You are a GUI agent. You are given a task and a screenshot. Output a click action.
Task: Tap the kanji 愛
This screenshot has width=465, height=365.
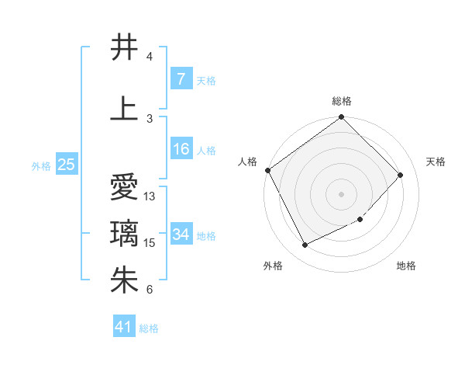click(x=125, y=187)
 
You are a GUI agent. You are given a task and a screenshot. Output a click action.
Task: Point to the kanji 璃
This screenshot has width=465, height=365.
click(x=125, y=234)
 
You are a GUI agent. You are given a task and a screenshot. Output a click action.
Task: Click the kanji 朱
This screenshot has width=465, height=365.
click(x=125, y=280)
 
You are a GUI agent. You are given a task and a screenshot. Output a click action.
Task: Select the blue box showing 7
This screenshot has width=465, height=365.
click(x=181, y=79)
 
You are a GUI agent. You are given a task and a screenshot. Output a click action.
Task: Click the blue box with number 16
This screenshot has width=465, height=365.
click(x=181, y=149)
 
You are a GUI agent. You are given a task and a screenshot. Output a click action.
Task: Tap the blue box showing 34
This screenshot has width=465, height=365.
click(x=181, y=235)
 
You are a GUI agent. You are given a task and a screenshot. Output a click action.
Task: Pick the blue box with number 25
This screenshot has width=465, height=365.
click(x=66, y=165)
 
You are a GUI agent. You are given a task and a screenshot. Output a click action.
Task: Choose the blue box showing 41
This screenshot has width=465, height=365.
click(x=124, y=327)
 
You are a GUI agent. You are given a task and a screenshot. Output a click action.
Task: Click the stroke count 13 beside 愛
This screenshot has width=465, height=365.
click(x=150, y=196)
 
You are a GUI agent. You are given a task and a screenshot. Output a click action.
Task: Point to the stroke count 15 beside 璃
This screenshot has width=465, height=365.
click(x=150, y=243)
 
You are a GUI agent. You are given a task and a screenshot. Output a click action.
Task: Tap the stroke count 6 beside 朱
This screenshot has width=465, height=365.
click(x=149, y=290)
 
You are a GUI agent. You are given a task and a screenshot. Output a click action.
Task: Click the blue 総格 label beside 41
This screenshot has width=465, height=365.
click(x=149, y=328)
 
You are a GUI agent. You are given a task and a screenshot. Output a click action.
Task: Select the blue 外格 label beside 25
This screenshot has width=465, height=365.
click(x=41, y=165)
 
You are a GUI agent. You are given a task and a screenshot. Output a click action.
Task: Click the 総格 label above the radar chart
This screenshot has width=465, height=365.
click(x=342, y=101)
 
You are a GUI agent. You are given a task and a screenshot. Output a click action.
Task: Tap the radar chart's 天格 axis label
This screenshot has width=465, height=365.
click(x=436, y=162)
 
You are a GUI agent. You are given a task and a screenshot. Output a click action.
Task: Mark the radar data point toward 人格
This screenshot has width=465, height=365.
click(x=268, y=170)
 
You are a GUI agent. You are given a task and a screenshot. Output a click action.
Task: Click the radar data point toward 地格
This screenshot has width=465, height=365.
click(x=360, y=220)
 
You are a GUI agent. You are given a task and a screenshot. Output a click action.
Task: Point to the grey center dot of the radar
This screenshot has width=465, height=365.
click(x=341, y=193)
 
